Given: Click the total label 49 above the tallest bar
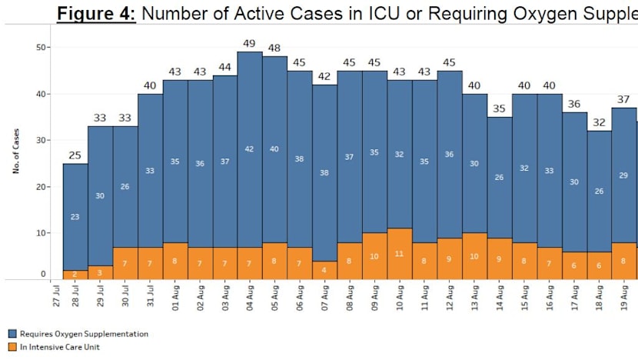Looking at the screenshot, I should pyautogui.click(x=250, y=44).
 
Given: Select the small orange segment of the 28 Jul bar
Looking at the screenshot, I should pyautogui.click(x=75, y=274).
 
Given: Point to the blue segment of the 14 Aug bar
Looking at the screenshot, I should pyautogui.click(x=500, y=177).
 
